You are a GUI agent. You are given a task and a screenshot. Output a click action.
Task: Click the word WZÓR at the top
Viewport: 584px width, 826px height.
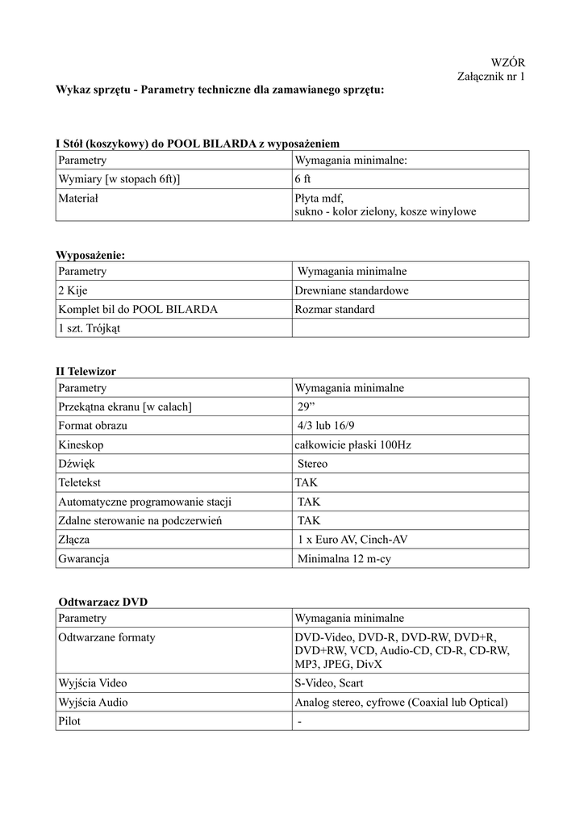point(508,62)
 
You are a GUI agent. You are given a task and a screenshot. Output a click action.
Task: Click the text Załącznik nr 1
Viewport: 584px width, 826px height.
point(491,77)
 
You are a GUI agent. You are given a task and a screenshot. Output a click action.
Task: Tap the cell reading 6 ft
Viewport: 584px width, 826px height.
point(303,179)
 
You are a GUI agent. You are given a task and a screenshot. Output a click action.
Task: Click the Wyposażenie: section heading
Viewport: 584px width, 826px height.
point(90,255)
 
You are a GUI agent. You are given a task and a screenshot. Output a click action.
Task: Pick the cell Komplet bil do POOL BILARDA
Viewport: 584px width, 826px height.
point(138,309)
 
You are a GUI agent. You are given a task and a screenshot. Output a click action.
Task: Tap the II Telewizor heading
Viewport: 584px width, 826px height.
point(86,371)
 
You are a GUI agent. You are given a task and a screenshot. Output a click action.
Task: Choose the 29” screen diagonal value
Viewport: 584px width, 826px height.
point(307,407)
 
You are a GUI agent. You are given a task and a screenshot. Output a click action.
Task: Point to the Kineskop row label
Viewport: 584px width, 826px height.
point(81,444)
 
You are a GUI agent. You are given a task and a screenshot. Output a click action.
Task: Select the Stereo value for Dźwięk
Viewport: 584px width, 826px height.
point(312,464)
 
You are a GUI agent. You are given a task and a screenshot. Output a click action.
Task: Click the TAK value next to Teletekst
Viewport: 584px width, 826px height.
point(307,482)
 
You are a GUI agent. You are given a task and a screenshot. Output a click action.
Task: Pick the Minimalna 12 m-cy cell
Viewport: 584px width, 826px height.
point(344,558)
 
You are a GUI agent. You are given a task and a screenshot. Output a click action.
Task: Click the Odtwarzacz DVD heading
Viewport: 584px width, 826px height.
point(103,602)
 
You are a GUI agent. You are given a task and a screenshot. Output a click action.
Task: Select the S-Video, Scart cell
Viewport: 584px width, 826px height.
point(329,683)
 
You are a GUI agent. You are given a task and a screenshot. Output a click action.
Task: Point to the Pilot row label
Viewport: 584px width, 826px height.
point(69,721)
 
